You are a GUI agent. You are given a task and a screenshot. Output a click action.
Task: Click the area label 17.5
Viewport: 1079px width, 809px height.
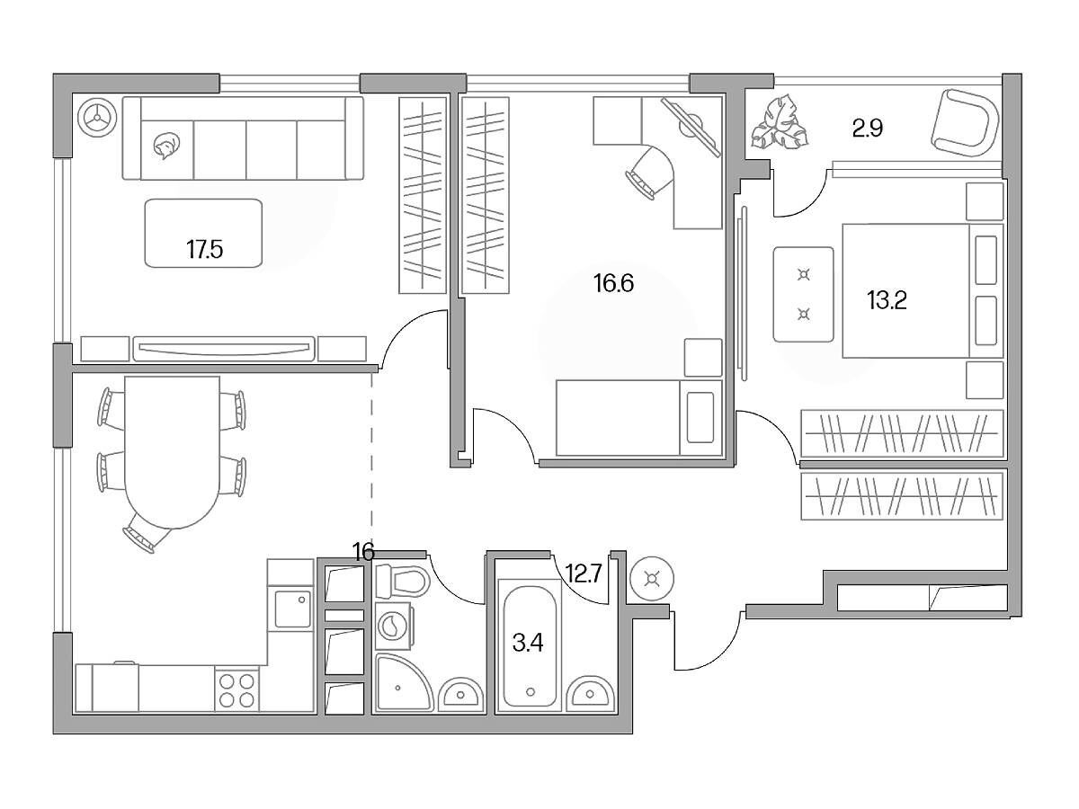[204, 250]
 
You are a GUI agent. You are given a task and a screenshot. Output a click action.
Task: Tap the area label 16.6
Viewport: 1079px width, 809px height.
[613, 283]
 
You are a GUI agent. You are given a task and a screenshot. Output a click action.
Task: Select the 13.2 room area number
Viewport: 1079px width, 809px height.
[887, 300]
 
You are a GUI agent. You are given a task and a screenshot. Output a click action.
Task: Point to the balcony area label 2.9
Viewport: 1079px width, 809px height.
[868, 128]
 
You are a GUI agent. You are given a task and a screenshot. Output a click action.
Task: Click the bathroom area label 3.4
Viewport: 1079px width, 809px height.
[528, 643]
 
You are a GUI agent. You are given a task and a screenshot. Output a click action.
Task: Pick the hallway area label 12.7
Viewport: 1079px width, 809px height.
[584, 573]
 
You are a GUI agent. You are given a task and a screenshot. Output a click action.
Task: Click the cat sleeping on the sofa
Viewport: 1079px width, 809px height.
[166, 146]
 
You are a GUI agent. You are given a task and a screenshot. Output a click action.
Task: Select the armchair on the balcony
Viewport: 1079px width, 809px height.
[965, 123]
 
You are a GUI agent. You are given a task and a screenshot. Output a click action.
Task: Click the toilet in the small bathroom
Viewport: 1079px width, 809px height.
[402, 581]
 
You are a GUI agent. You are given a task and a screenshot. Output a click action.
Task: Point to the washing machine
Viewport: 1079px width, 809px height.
[394, 627]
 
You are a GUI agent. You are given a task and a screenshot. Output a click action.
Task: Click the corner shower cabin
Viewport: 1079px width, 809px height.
[403, 683]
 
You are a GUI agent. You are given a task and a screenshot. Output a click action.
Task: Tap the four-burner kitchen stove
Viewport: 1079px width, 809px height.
[237, 689]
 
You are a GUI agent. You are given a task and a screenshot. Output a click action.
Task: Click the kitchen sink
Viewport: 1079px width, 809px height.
[293, 609]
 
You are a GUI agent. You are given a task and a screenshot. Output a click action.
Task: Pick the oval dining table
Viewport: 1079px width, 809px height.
[172, 452]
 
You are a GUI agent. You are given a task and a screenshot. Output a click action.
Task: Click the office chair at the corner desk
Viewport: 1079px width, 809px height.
[649, 172]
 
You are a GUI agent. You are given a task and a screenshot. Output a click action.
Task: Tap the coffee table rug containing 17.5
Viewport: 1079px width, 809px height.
[203, 234]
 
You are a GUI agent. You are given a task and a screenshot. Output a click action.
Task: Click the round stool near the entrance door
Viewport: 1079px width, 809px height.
[652, 579]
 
